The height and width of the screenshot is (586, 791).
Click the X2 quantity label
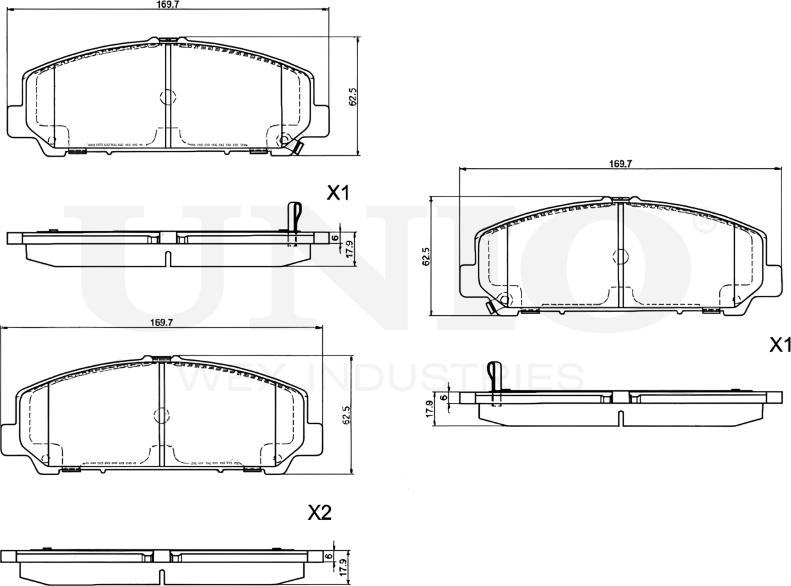click(x=319, y=512)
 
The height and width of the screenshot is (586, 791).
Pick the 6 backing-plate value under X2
click(x=328, y=556)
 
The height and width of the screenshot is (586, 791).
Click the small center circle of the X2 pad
click(x=161, y=415)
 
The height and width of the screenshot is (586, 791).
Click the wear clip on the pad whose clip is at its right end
click(x=296, y=147)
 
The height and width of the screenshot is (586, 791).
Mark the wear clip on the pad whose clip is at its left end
click(x=491, y=307)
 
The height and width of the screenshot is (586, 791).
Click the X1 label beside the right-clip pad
click(x=337, y=193)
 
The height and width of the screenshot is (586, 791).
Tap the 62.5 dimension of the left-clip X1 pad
click(x=426, y=255)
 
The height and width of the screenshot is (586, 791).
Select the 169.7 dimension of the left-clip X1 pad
click(x=620, y=164)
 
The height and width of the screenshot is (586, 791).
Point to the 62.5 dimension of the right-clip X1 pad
click(x=352, y=96)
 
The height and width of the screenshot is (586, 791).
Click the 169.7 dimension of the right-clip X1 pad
click(x=167, y=4)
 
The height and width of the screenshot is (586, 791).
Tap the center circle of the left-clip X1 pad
click(x=620, y=257)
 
